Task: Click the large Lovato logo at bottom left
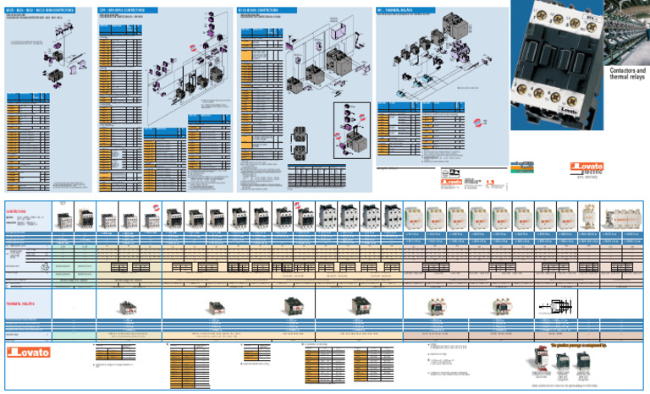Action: [30, 352]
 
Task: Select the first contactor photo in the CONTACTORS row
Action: [63, 219]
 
